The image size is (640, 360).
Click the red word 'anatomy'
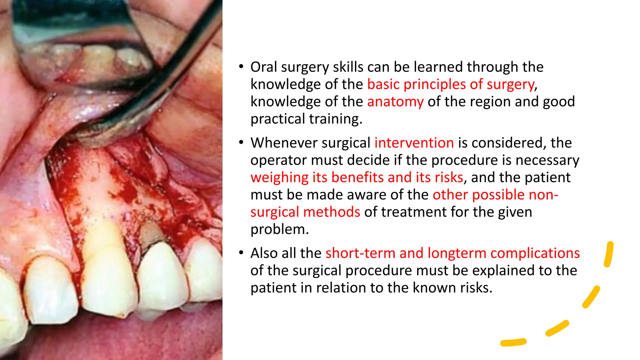click(395, 102)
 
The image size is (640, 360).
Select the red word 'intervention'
click(414, 143)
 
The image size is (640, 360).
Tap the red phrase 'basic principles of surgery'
click(451, 84)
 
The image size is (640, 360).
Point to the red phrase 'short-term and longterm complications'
click(452, 253)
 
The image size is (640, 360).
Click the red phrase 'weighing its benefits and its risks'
click(357, 177)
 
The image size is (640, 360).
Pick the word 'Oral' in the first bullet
click(264, 67)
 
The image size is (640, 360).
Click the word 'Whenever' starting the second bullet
click(284, 143)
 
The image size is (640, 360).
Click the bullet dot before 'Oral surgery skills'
click(241, 67)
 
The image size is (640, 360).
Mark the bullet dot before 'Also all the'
click(241, 252)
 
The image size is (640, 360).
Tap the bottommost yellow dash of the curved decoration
click(513, 342)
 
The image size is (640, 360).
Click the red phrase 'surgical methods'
click(305, 212)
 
